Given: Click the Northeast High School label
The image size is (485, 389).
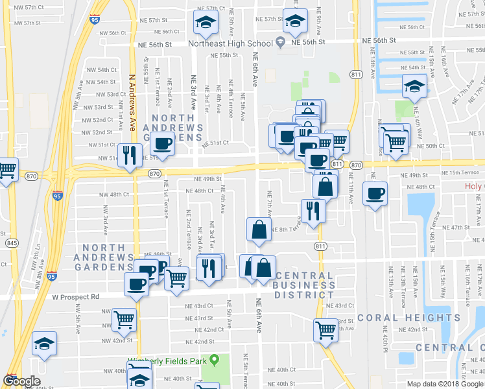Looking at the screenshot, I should pyautogui.click(x=230, y=43).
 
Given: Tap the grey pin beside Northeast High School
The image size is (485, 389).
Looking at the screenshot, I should pyautogui.click(x=281, y=43).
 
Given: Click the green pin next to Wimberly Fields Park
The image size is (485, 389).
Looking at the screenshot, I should pyautogui.click(x=224, y=360).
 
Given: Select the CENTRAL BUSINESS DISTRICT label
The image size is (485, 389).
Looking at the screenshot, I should pyautogui.click(x=305, y=285).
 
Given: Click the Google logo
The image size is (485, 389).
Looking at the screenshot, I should pyautogui.click(x=21, y=381).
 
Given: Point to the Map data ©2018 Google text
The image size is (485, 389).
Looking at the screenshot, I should pyautogui.click(x=444, y=384).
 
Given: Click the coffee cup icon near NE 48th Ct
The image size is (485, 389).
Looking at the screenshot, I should pyautogui.click(x=375, y=193).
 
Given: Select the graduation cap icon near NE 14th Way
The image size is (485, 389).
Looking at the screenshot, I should pyautogui.click(x=413, y=86).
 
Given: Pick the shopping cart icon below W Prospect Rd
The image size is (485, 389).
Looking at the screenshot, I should pyautogui.click(x=123, y=319).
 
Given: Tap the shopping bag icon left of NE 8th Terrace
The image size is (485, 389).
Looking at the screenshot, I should pyautogui.click(x=259, y=230).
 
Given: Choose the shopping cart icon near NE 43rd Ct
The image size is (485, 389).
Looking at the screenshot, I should pyautogui.click(x=325, y=329).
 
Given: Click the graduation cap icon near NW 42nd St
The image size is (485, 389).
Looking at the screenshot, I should pyautogui.click(x=44, y=344).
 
